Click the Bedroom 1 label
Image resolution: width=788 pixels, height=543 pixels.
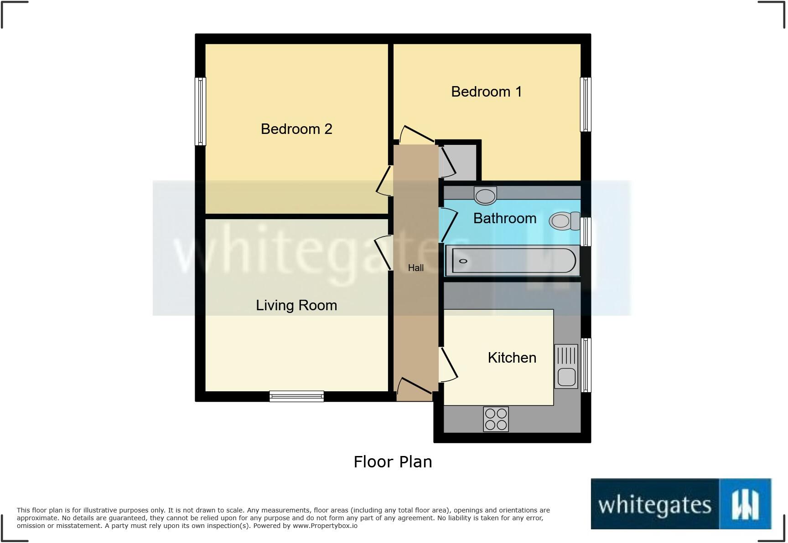point(486,92)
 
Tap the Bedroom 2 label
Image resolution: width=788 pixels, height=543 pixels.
point(296,129)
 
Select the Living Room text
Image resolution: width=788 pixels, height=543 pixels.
point(296,305)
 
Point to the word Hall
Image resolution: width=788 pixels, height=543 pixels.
point(415,268)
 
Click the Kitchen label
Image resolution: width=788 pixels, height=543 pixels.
point(512,358)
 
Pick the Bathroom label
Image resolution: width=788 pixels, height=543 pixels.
point(504,218)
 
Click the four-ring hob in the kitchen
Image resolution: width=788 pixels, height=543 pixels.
point(496,419)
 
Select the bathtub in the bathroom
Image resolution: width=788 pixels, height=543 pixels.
point(512,261)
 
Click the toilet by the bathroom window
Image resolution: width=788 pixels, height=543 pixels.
point(564,221)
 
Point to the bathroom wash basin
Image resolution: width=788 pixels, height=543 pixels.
point(485,196)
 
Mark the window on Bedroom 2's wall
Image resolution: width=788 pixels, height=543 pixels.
point(200,112)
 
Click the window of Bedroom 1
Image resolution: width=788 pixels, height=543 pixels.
point(586,104)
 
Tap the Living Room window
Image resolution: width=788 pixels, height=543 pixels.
point(296,396)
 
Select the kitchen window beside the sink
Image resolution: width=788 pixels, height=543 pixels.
point(586,365)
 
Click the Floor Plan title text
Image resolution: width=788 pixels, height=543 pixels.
point(393,462)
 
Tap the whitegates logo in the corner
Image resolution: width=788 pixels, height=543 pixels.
point(680,504)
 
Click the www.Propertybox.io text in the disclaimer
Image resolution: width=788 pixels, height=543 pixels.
point(325,526)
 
